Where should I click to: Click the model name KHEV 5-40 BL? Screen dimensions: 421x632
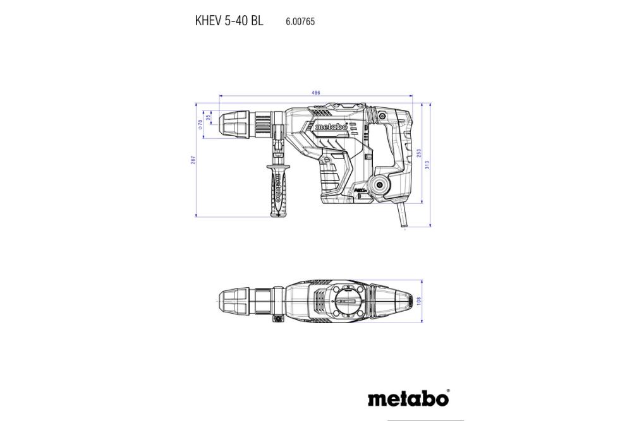click(x=229, y=20)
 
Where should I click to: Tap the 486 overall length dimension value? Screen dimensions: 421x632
click(x=315, y=93)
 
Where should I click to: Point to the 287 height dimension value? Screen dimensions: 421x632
click(x=193, y=160)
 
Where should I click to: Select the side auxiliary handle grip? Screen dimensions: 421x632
click(x=276, y=189)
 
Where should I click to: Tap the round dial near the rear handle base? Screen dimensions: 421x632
click(x=380, y=184)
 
